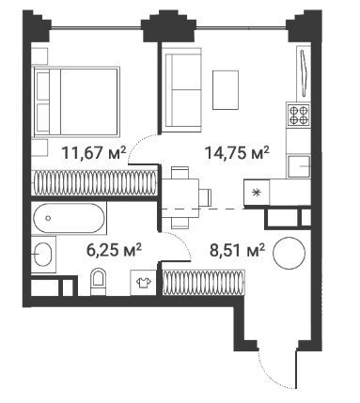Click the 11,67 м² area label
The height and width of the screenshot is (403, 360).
94,153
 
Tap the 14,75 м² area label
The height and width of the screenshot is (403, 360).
237,153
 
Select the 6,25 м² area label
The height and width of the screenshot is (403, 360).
114,250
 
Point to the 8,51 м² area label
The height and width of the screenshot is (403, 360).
237,250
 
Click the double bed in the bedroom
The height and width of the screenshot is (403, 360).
76,101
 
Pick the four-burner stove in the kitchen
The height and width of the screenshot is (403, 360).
299,115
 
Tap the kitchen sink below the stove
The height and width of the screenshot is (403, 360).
299,166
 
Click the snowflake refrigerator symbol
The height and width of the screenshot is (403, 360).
257,193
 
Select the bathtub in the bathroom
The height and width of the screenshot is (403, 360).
69,218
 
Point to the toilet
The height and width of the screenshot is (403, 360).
98,281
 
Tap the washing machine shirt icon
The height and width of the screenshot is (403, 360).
143,282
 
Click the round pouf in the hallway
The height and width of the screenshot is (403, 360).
289,254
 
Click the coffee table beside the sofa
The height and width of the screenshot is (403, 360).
226,90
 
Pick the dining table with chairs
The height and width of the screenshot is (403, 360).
186,198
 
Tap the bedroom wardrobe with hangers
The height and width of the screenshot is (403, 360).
94,183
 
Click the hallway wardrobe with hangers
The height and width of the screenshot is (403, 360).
203,282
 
